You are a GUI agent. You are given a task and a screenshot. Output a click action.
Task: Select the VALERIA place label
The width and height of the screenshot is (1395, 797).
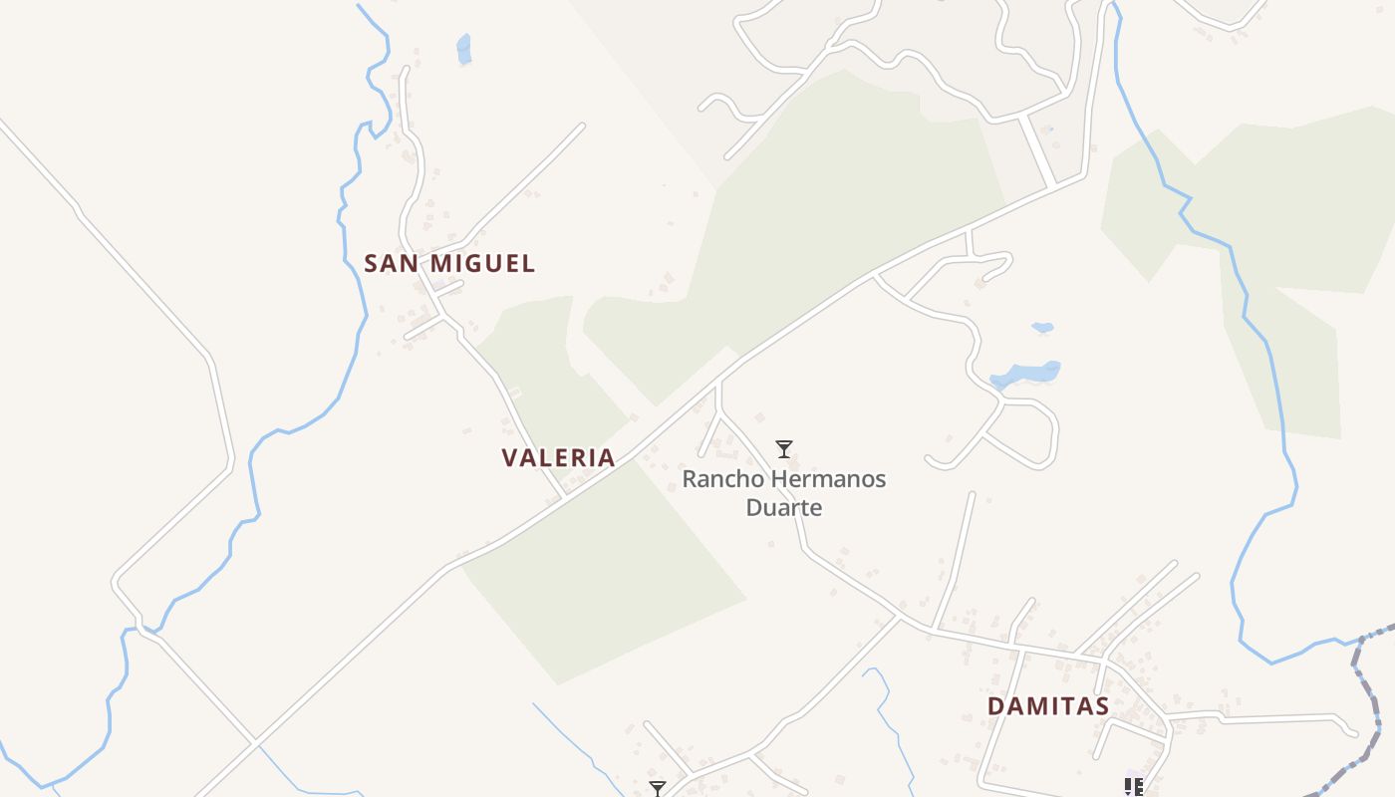click(x=558, y=458)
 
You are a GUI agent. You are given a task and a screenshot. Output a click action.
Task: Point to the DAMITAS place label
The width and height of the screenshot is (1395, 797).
click(x=1048, y=706)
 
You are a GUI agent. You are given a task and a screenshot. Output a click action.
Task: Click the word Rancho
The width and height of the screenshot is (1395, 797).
click(x=719, y=479)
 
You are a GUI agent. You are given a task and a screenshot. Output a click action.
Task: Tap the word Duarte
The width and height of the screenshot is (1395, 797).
click(x=784, y=508)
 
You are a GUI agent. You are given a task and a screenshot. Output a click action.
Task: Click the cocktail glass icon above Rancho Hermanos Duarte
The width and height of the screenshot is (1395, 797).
click(x=784, y=449)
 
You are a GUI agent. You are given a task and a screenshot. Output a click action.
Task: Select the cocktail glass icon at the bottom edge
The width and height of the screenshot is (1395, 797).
click(x=657, y=789)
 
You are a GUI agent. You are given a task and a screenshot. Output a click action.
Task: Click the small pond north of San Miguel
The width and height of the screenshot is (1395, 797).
click(x=463, y=47)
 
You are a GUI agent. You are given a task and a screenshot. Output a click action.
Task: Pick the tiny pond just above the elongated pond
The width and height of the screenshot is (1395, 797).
click(x=1042, y=327)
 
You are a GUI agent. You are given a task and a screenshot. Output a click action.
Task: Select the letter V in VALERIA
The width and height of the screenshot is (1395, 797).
click(x=510, y=458)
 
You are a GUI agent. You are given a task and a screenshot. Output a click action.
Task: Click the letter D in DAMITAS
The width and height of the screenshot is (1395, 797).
click(x=996, y=706)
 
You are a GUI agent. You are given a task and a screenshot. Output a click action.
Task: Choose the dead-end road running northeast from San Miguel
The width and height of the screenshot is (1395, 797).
click(x=528, y=179)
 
